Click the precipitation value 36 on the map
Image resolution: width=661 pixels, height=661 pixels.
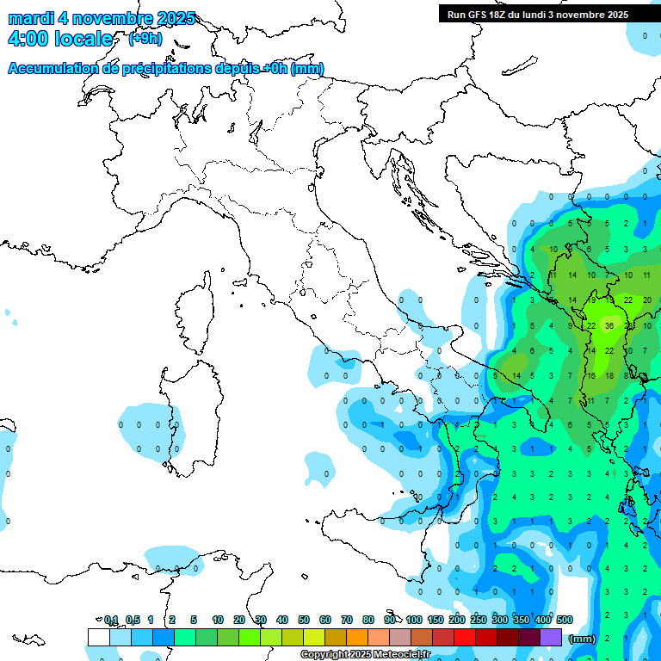(609, 326)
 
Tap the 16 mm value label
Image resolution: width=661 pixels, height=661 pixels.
(591, 375)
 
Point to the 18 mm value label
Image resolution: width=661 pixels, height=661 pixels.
(610, 375)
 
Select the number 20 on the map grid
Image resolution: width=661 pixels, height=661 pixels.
(647, 300)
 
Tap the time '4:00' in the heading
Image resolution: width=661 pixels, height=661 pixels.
(33, 39)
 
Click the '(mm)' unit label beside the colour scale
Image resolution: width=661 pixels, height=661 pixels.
(583, 638)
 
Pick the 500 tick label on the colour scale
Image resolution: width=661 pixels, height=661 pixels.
(565, 620)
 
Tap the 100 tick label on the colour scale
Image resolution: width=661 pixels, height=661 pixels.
(414, 620)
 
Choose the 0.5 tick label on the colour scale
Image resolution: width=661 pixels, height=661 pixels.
(133, 620)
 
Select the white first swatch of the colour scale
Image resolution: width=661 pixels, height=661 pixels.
(98, 637)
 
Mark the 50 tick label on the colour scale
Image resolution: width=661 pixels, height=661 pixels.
(304, 620)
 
